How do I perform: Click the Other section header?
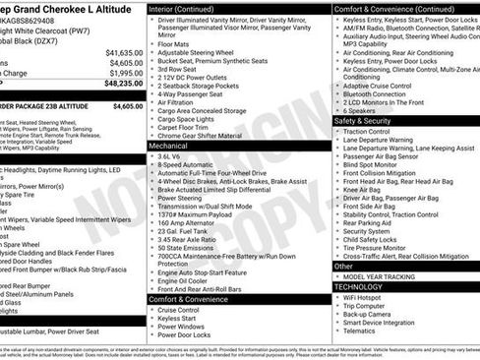click(343, 266)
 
